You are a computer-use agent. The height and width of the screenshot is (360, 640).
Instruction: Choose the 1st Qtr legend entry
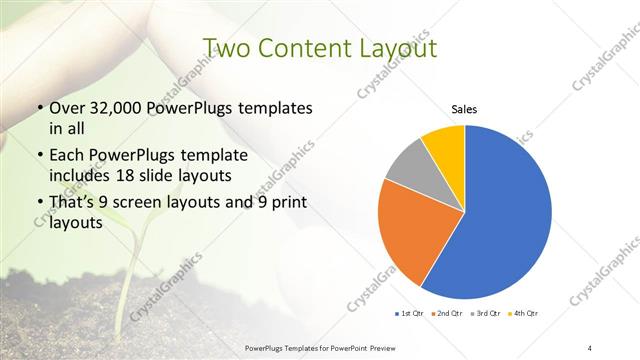coord(412,314)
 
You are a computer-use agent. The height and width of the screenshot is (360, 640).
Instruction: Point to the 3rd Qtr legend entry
coord(486,314)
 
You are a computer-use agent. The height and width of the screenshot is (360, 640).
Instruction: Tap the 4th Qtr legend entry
coord(523,314)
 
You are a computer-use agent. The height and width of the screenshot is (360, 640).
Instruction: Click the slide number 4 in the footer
coord(590,346)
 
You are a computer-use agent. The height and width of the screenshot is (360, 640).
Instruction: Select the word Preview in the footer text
coord(390,346)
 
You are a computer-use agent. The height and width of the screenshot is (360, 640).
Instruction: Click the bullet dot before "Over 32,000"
coord(39,107)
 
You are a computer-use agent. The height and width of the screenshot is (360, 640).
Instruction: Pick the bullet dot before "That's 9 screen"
coord(39,203)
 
